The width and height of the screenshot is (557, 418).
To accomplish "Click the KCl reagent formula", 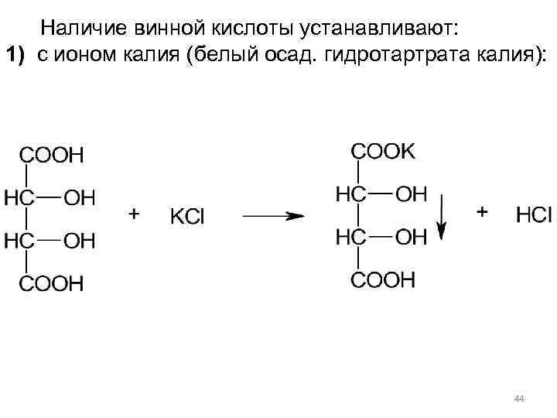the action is coord(187,217).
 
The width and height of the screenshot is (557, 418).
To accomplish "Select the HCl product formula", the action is coord(534,215).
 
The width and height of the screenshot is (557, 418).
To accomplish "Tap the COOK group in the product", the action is coord(383,152).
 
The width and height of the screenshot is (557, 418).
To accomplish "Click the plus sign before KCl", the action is coord(134,214).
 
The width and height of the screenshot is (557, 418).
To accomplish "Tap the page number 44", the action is coord(519,399).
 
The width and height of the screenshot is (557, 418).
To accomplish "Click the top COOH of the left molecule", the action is coord(51,155).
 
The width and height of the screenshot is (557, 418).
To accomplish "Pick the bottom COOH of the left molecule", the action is coord(51,284).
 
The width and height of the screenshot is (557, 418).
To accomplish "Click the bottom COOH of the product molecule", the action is coord(383,279).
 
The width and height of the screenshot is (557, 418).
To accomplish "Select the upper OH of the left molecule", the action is coord(79,198).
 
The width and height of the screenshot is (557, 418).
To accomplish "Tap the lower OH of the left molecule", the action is coord(79,242).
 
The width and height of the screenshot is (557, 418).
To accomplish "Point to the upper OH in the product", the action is coord(411,194).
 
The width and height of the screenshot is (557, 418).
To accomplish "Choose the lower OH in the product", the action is coord(411,237).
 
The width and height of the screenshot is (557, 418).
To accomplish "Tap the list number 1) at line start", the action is coord(17,56).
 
